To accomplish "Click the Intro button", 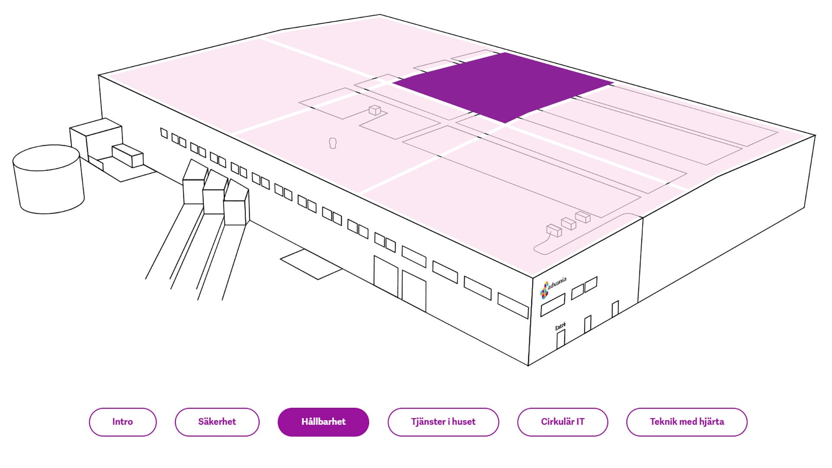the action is coord(123,422).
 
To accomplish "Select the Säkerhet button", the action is coord(217,422).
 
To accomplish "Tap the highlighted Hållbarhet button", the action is coord(323,422).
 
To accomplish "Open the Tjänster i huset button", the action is coord(443,422).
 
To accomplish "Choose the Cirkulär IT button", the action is coord(562,422).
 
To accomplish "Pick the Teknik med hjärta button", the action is coord(687,422).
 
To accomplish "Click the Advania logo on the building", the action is coord(553,287).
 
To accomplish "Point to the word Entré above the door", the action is coord(560,326).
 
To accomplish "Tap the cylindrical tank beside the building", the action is coord(49,179).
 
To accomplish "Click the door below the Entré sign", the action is coord(561,339).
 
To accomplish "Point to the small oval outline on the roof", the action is coord(333,143).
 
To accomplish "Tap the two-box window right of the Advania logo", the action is coord(584,288).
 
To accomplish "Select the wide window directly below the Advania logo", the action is coord(553,305).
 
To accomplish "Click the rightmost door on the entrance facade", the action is coord(615,309).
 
